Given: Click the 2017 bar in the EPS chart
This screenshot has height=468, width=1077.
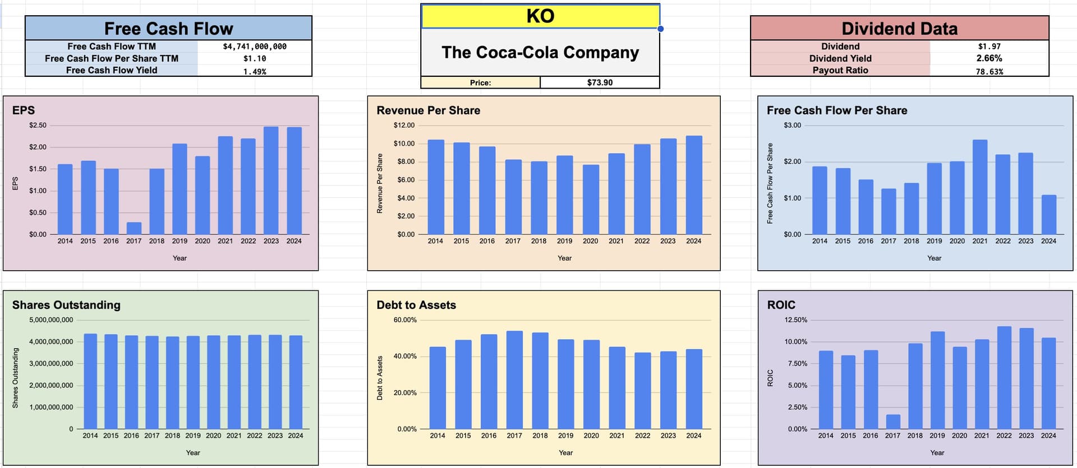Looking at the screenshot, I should (134, 229).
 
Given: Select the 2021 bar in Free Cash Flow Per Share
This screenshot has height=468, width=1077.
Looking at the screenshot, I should (980, 187).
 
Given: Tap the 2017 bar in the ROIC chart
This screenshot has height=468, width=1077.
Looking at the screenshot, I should (893, 422).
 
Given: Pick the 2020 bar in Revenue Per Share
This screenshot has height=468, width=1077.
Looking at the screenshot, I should (591, 200).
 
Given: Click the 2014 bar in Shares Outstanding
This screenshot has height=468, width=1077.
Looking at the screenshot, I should (90, 382).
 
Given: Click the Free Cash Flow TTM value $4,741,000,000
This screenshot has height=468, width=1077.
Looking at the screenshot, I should (255, 47).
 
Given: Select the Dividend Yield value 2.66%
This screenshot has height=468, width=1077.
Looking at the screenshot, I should (989, 58).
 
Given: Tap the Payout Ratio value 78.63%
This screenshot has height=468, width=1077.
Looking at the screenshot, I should (989, 71).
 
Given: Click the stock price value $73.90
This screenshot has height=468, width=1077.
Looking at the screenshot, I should (600, 82).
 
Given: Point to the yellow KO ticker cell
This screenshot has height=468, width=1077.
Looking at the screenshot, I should (540, 16).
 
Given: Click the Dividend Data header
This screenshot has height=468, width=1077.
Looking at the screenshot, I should (899, 29).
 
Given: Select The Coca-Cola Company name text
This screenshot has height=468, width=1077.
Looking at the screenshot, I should (540, 52).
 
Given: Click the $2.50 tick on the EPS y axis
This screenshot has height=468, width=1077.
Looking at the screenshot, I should (38, 125).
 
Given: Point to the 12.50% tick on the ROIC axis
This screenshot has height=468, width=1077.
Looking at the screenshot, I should (796, 320).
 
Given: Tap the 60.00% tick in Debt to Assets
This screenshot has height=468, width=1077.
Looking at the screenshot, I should (405, 320).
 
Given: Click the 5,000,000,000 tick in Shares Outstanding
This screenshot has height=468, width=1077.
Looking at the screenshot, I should (51, 320).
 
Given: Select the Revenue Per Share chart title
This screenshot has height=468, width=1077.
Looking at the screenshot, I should (428, 110).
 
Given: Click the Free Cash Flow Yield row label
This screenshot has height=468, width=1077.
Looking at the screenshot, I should (112, 70).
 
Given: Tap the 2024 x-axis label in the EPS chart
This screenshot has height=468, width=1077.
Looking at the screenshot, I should (294, 241).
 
